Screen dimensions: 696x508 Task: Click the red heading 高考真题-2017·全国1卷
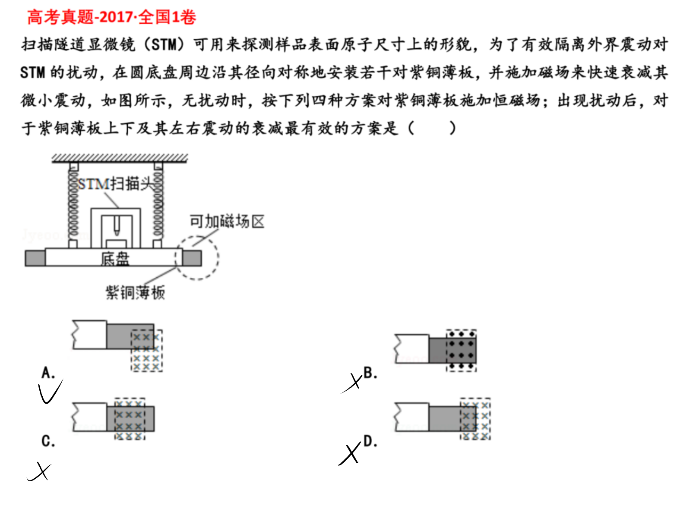(112, 17)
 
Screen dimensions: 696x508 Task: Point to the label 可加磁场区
(227, 222)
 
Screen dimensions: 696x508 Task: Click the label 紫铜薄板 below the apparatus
(136, 292)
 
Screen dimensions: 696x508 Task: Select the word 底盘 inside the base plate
(115, 258)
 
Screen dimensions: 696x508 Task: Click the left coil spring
(73, 205)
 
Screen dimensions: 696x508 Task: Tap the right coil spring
(158, 205)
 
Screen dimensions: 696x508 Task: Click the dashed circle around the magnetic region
(218, 257)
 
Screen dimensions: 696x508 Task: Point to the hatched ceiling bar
(120, 158)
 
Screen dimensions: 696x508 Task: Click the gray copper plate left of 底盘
(35, 258)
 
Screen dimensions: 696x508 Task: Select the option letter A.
(48, 373)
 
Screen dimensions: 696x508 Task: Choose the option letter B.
(370, 373)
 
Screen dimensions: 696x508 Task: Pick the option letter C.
(48, 441)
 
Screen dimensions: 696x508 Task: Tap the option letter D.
(370, 441)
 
